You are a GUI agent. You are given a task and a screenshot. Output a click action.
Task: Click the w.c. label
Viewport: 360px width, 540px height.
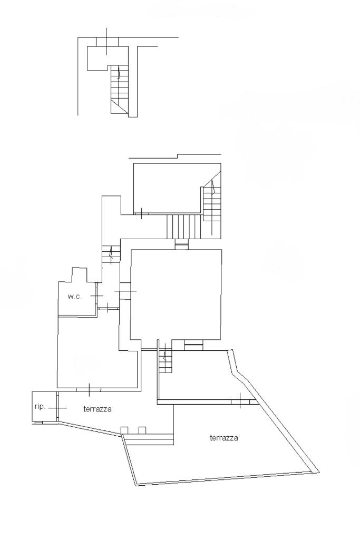[74, 297]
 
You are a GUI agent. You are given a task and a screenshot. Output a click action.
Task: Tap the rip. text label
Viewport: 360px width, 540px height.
[39, 407]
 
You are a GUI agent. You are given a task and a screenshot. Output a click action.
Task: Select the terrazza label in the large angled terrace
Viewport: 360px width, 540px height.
[224, 438]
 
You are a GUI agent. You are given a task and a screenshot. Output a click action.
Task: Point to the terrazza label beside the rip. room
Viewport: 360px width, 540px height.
[98, 408]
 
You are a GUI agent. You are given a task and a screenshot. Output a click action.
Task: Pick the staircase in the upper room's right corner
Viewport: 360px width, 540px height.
[211, 205]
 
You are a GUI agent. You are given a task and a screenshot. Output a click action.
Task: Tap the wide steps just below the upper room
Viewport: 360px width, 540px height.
[184, 227]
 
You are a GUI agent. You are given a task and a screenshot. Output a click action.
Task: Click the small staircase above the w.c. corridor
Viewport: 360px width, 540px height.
[110, 254]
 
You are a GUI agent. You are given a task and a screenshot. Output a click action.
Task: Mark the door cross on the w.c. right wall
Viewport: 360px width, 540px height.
[96, 297]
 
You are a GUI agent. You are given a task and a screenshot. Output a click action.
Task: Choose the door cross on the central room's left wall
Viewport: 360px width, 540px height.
[125, 291]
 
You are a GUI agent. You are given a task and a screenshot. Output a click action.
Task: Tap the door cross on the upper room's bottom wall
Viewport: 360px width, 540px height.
[141, 213]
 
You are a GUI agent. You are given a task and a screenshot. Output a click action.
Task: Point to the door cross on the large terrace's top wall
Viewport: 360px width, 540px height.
[240, 401]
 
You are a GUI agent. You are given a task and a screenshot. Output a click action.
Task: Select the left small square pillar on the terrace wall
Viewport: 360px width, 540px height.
[124, 430]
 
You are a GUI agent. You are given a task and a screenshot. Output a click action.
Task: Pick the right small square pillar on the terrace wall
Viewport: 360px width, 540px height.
[142, 430]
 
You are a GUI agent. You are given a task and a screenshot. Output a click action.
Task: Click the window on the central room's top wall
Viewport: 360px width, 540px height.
[181, 244]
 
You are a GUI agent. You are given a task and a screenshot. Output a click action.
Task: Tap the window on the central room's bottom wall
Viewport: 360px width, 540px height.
[193, 346]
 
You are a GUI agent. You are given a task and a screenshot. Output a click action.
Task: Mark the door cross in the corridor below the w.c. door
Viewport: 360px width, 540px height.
[108, 307]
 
